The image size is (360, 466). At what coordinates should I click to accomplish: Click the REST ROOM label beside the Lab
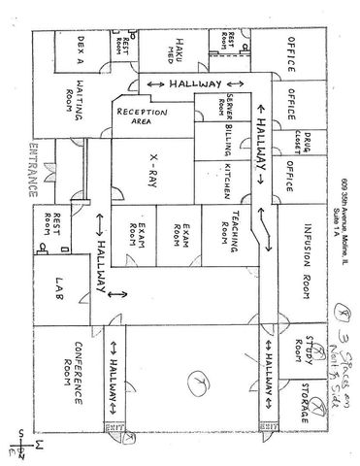coord(57,224)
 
